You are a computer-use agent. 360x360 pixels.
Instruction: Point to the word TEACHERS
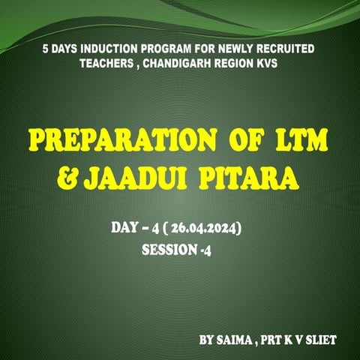[x=109, y=64]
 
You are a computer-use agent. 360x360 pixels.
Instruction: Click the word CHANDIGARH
[x=181, y=64]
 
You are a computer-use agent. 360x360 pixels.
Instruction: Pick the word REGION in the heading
[x=238, y=64]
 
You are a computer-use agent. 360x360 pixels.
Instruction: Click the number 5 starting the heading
[x=45, y=49]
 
